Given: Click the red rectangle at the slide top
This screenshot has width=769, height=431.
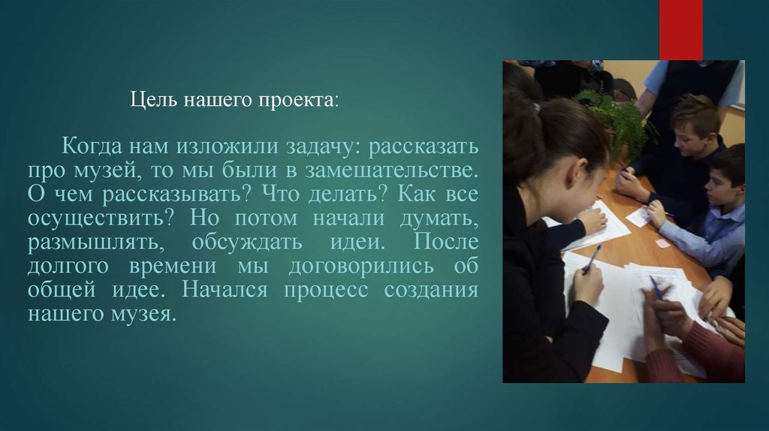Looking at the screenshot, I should pyautogui.click(x=680, y=29).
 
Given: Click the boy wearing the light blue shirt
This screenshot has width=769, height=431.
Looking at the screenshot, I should pyautogui.click(x=713, y=218).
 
